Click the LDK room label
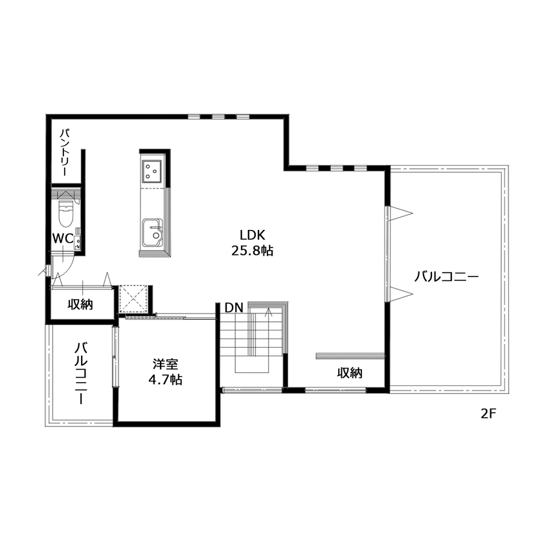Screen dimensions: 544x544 (253, 235)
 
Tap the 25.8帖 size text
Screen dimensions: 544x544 (253, 251)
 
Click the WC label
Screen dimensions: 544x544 (62, 238)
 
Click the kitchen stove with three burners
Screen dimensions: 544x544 (153, 170)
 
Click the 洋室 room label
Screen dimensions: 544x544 (166, 365)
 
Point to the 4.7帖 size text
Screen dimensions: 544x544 (166, 380)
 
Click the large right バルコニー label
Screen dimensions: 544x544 (446, 277)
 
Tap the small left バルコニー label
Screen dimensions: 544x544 (81, 373)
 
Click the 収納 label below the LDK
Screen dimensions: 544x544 (349, 373)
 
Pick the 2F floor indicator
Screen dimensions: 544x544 (488, 413)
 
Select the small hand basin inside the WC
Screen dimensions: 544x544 (78, 244)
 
